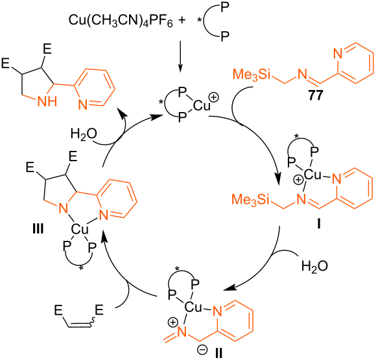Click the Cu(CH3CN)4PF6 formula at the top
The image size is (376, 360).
[x=121, y=21]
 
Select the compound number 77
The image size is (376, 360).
[x=315, y=96]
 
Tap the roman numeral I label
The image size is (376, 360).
[x=319, y=224]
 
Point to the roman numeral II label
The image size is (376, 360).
[x=218, y=353]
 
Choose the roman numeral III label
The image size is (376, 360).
[x=38, y=229]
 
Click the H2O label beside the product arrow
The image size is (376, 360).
[x=84, y=134]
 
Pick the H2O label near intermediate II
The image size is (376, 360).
[x=314, y=266]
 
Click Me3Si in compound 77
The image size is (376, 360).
[x=252, y=74]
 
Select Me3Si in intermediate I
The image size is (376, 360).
[x=250, y=199]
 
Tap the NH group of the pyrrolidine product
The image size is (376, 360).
[x=47, y=102]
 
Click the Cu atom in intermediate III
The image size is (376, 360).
[x=80, y=229]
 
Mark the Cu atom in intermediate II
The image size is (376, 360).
[x=193, y=307]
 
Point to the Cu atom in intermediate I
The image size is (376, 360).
[x=312, y=175]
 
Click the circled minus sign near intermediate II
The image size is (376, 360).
[x=202, y=350]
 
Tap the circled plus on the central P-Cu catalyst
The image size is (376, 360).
[x=214, y=98]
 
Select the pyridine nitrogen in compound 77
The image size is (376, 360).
[x=338, y=53]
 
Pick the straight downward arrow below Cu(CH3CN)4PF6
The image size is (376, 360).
[x=181, y=56]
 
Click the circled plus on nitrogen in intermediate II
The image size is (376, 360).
[x=172, y=322]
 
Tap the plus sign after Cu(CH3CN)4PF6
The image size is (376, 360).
[x=182, y=20]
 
